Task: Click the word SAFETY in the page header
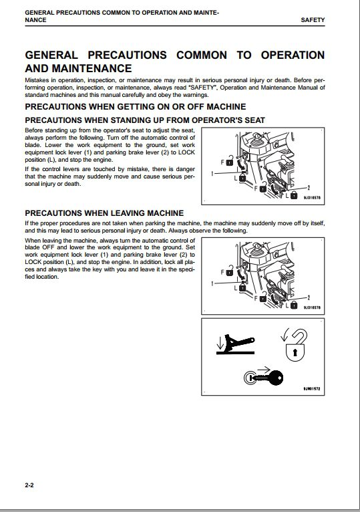pyautogui.click(x=313, y=20)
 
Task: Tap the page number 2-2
pyautogui.click(x=29, y=485)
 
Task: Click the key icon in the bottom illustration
pyautogui.click(x=264, y=378)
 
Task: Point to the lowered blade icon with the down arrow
pyautogui.click(x=235, y=344)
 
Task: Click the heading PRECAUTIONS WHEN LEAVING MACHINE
pyautogui.click(x=104, y=213)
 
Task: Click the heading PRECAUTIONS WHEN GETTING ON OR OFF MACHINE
pyautogui.click(x=136, y=107)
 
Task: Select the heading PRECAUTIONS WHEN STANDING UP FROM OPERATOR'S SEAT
pyautogui.click(x=145, y=120)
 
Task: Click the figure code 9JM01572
pyautogui.click(x=312, y=389)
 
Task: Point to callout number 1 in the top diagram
pyautogui.click(x=212, y=174)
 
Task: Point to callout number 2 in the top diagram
pyautogui.click(x=309, y=187)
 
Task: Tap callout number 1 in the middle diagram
pyautogui.click(x=212, y=283)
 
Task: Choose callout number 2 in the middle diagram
pyautogui.click(x=309, y=297)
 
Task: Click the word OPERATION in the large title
pyautogui.click(x=293, y=55)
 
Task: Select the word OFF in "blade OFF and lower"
pyautogui.click(x=48, y=247)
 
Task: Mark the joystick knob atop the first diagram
pyautogui.click(x=257, y=136)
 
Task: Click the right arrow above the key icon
pyautogui.click(x=264, y=370)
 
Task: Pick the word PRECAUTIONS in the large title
pyautogui.click(x=128, y=55)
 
